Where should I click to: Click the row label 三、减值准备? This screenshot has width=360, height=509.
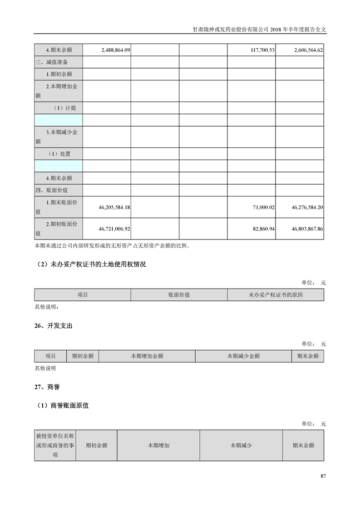52,62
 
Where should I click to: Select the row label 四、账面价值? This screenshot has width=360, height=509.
52,190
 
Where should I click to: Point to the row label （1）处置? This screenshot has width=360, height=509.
59,154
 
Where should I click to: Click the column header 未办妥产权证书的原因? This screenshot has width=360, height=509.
275,295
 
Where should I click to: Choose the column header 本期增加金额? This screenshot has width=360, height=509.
147,356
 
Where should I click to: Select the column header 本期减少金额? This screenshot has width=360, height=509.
243,356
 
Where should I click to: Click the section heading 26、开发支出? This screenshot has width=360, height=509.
53,326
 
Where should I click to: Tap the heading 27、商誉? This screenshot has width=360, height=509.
47,387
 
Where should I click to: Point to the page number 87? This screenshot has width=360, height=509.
323,476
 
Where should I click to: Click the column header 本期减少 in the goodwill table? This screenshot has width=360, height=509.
241,445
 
